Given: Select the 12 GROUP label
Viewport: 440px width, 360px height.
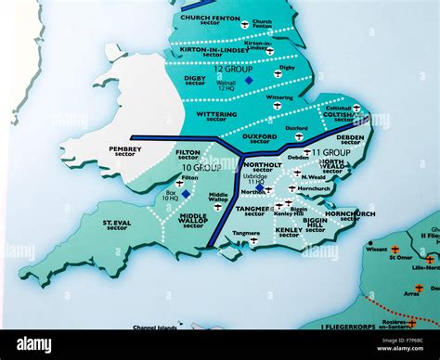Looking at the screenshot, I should point(228,70).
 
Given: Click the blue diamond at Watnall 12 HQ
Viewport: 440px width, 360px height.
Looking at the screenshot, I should point(248,81).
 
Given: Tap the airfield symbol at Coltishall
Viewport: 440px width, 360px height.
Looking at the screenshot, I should point(357,109).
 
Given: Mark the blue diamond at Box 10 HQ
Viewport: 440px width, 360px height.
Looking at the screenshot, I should point(186,194).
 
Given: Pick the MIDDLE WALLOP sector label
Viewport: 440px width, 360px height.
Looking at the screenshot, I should point(193,220).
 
